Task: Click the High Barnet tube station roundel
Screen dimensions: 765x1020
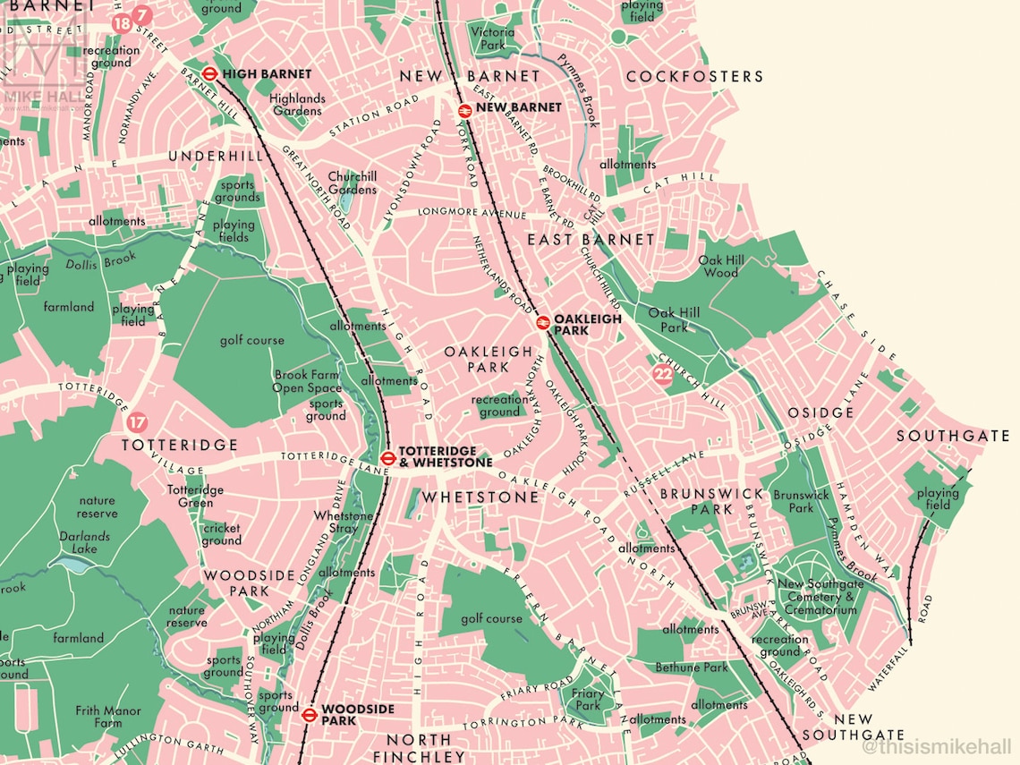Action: click(209, 74)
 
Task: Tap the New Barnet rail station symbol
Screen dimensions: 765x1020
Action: click(464, 109)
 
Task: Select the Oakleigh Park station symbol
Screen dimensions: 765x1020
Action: click(542, 323)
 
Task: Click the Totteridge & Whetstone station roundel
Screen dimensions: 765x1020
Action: click(387, 458)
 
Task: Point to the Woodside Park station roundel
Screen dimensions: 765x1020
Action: click(309, 714)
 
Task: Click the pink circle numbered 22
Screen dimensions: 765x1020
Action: click(662, 376)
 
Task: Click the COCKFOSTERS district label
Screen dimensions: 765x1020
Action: click(694, 77)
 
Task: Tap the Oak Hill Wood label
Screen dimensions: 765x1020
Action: click(719, 266)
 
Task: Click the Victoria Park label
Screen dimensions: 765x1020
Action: click(493, 38)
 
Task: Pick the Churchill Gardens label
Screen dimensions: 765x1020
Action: click(352, 183)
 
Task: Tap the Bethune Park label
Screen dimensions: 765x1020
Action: click(692, 667)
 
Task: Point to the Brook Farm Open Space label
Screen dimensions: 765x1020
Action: click(308, 381)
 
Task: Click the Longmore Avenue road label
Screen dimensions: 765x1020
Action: click(472, 214)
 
